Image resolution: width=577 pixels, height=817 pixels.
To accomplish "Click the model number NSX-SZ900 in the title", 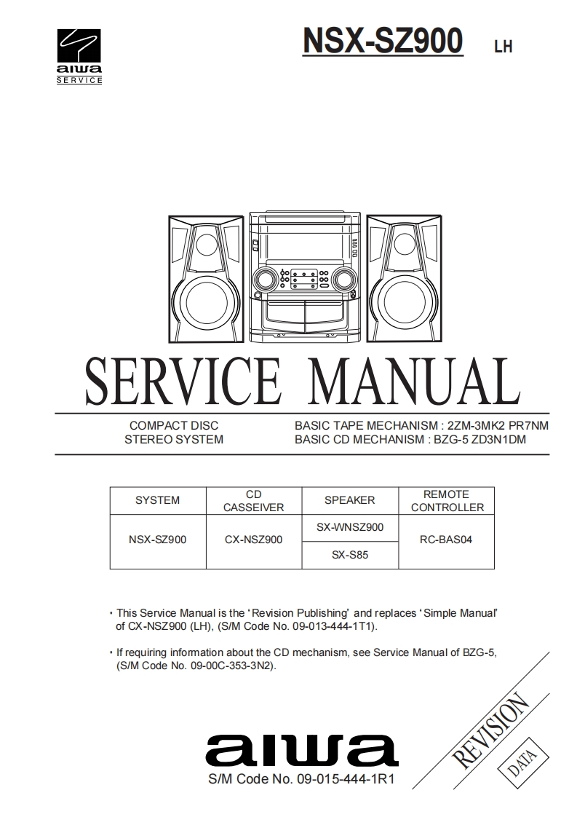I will pyautogui.click(x=383, y=41).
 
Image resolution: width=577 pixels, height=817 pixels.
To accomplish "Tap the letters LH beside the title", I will pyautogui.click(x=503, y=47).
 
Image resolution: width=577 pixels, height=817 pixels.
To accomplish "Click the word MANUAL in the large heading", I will pyautogui.click(x=411, y=383).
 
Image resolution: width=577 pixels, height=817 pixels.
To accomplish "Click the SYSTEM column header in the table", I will pyautogui.click(x=158, y=500).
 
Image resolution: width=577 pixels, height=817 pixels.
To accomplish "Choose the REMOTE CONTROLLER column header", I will pyautogui.click(x=447, y=500).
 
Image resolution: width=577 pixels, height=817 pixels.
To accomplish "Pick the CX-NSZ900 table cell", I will pyautogui.click(x=253, y=540).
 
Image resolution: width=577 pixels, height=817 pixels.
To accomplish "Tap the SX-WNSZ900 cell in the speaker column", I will pyautogui.click(x=350, y=527).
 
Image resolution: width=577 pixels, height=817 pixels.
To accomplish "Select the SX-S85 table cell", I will pyautogui.click(x=350, y=555).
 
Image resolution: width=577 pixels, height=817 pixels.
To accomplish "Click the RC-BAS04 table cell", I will pyautogui.click(x=447, y=540).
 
